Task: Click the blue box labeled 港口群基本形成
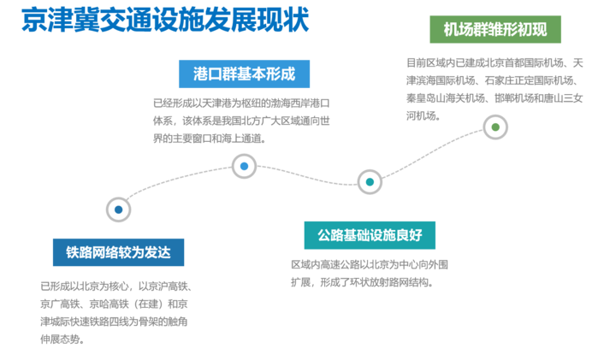(x=244, y=74)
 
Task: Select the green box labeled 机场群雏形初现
(x=495, y=29)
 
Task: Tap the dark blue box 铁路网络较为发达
(x=118, y=252)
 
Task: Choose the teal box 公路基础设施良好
(x=370, y=234)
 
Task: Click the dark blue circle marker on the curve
(x=118, y=209)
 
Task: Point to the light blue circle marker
(x=244, y=166)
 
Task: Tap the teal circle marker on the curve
(x=370, y=181)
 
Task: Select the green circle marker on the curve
(x=494, y=127)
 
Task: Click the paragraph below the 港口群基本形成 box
(x=241, y=120)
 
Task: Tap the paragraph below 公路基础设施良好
(x=369, y=273)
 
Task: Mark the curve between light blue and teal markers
(x=308, y=174)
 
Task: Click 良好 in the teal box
(x=410, y=234)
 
